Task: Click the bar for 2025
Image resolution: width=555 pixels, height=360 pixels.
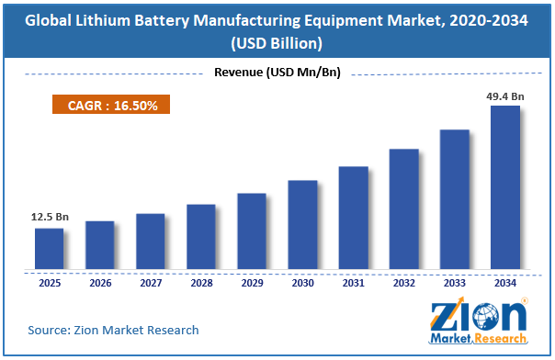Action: coord(50,249)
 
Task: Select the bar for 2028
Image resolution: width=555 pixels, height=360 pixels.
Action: coord(201,237)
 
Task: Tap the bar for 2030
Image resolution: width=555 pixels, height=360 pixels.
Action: coord(302,225)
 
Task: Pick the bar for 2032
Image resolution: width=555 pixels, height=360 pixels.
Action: coord(404,209)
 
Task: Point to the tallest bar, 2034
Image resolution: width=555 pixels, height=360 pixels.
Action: coord(505,187)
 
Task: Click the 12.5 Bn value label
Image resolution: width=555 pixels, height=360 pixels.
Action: coord(50,217)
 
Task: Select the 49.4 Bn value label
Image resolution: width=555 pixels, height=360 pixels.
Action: coord(505,96)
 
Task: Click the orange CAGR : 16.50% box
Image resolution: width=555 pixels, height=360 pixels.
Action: coord(111,105)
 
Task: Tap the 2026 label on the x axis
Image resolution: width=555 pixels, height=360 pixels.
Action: coord(100,283)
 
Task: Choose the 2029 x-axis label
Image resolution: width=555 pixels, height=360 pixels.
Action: coord(252,283)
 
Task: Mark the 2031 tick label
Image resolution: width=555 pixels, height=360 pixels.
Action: coord(353,283)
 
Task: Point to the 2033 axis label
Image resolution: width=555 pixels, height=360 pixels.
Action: coord(455,283)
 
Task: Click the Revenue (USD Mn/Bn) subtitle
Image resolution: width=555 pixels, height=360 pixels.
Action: coord(277,73)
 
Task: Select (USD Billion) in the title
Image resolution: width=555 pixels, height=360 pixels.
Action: coord(277,43)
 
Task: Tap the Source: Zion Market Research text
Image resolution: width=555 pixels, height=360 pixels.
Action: coord(113,330)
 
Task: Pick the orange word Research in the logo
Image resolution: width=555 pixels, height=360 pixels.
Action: coord(500,339)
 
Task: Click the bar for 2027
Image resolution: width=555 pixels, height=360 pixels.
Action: coord(151,242)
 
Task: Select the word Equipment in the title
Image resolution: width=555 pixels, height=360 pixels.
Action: coord(343,20)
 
